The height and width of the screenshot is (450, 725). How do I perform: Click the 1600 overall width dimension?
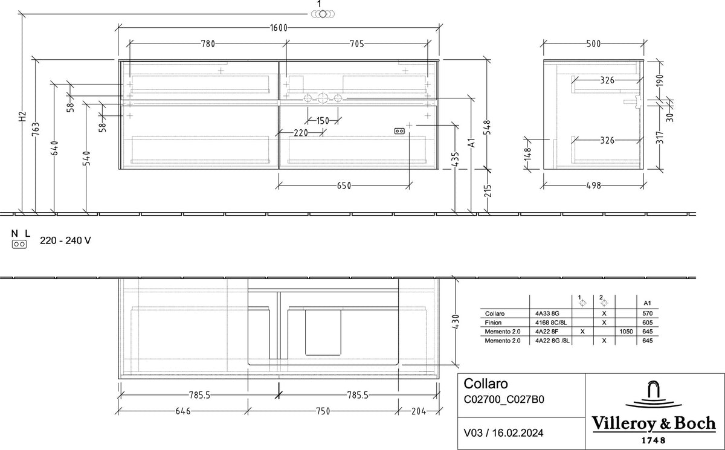pyautogui.click(x=279, y=28)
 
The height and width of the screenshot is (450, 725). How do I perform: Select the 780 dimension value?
pyautogui.click(x=208, y=43)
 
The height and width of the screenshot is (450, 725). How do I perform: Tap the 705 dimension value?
pyautogui.click(x=357, y=43)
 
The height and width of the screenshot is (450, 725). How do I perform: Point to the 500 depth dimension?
pyautogui.click(x=593, y=43)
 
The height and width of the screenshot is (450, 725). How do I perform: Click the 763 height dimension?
pyautogui.click(x=36, y=129)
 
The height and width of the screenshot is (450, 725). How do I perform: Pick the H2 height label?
pyautogui.click(x=22, y=117)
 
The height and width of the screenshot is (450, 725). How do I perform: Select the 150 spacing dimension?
pyautogui.click(x=323, y=121)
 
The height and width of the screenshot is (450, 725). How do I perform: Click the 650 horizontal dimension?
pyautogui.click(x=344, y=185)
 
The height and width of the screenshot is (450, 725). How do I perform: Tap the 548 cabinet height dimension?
pyautogui.click(x=488, y=127)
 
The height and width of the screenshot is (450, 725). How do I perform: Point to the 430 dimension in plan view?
pyautogui.click(x=456, y=321)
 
